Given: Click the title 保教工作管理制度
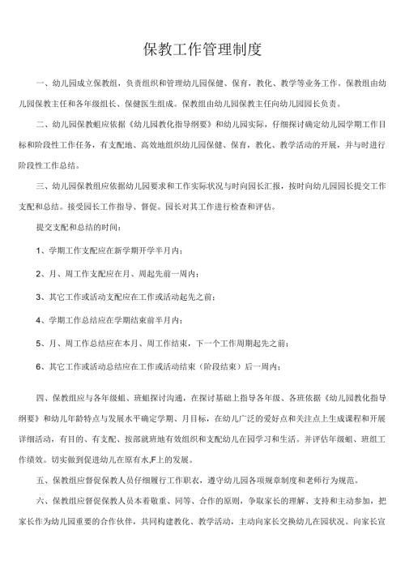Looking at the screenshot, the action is pos(202,50).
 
